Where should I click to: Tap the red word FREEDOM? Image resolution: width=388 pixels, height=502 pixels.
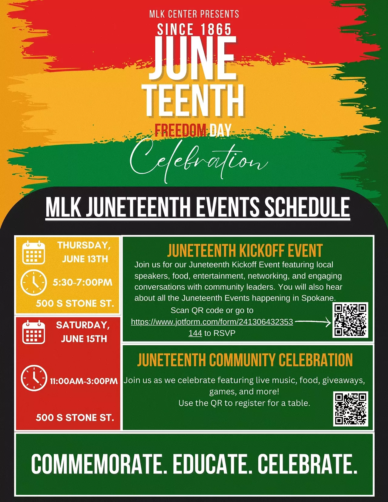coord(180,130)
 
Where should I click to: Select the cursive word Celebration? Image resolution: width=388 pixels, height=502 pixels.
coord(199,161)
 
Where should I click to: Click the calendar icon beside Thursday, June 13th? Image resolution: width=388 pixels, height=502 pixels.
coord(34,252)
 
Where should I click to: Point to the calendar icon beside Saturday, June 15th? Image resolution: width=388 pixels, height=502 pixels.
coord(34,332)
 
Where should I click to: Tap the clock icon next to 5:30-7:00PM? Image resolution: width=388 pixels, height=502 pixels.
coord(34,282)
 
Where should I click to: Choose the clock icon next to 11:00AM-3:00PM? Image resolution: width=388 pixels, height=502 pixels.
coord(34,378)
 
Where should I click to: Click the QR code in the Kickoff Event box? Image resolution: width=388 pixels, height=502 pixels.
coord(350,320)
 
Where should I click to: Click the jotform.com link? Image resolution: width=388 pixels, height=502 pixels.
coord(212,327)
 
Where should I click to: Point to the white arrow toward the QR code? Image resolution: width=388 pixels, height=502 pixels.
coord(313,321)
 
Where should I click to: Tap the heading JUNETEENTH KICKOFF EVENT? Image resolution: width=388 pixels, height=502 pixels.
coord(245,251)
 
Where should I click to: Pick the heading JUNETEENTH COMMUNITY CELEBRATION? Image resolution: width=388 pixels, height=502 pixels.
coord(245,360)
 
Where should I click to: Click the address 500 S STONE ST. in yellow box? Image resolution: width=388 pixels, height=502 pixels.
coord(75,303)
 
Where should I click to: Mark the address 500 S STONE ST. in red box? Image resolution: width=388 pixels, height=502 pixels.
coord(75,417)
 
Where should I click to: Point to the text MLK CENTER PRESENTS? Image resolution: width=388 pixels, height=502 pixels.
coord(194,14)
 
